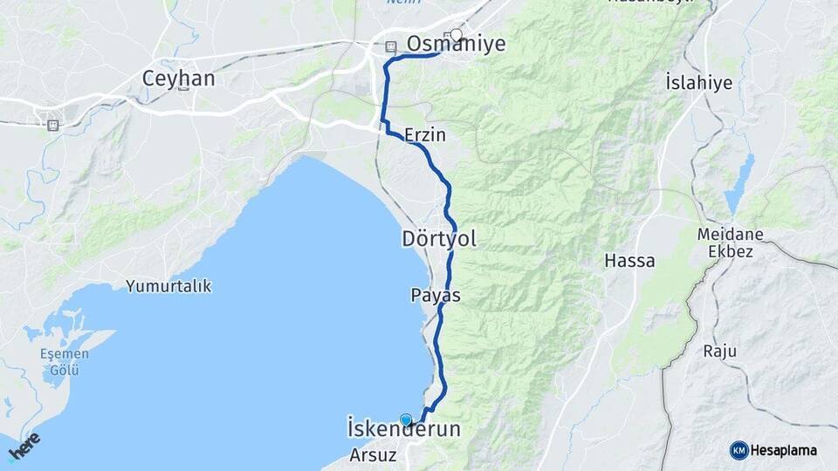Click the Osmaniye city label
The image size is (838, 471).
[456, 44]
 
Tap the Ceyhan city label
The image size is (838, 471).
[178, 78]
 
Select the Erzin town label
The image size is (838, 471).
[425, 135]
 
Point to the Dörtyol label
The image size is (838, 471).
[439, 239]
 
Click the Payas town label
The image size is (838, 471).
[436, 296]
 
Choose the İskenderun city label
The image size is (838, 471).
[403, 431]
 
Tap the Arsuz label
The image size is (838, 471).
[373, 455]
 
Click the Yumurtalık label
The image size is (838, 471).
[168, 286]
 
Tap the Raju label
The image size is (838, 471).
[720, 352]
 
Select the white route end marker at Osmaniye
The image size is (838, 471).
[456, 36]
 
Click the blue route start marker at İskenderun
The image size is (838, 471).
[406, 420]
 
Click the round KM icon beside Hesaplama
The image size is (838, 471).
[738, 450]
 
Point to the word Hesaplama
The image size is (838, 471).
[784, 451]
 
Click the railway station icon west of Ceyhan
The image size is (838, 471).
[53, 125]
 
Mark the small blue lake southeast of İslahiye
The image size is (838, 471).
[738, 185]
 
